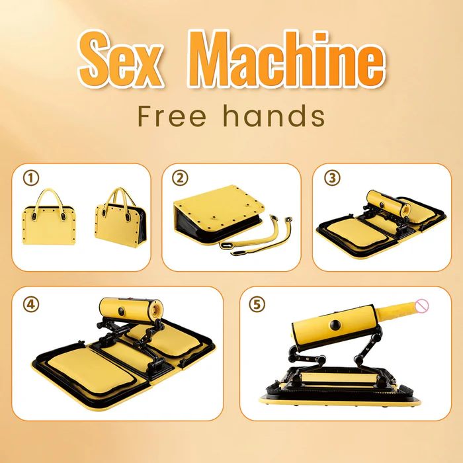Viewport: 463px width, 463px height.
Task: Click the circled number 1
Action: click(x=28, y=179)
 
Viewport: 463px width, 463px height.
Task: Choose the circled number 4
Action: click(x=29, y=304)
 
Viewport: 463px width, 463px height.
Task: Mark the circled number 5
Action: click(x=257, y=304)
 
